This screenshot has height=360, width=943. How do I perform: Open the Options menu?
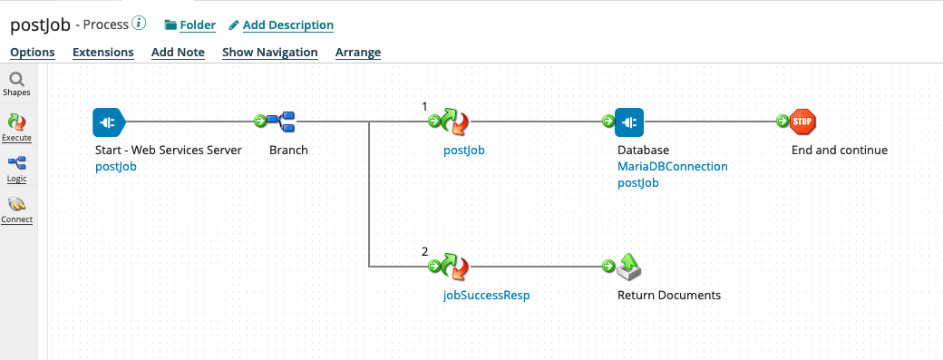[x=32, y=53]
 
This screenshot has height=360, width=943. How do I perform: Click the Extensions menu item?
[x=102, y=53]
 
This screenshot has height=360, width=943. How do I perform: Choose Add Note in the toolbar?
[x=178, y=53]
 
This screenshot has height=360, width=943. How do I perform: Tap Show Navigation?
[x=269, y=53]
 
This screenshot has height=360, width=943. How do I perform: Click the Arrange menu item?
[x=357, y=53]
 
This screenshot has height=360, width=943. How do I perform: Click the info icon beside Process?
[x=139, y=24]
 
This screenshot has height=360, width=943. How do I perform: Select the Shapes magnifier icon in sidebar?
[x=16, y=81]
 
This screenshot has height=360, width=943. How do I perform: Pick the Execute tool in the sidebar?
[x=16, y=122]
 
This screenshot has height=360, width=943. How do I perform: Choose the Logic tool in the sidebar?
[x=16, y=164]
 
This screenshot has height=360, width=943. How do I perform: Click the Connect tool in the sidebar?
[x=16, y=206]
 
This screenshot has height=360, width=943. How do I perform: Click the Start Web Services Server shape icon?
[x=107, y=121]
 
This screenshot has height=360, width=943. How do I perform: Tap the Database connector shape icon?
[x=629, y=121]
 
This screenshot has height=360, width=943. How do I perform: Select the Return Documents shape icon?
[x=629, y=266]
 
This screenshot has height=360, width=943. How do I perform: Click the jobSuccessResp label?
[x=480, y=296]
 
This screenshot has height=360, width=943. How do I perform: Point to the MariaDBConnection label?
[x=672, y=167]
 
